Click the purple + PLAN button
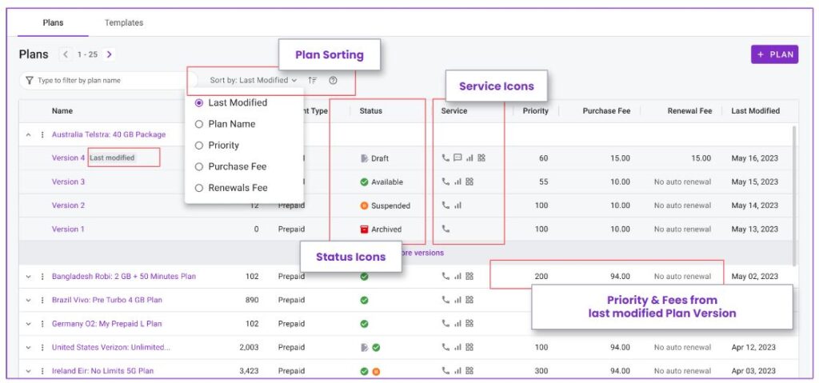tap(774, 54)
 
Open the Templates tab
tap(124, 22)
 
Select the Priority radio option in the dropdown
tap(198, 146)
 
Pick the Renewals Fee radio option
tap(198, 188)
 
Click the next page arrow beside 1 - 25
tap(109, 54)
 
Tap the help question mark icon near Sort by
tap(333, 81)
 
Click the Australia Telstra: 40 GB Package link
tap(109, 134)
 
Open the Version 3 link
tap(69, 182)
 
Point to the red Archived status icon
tap(364, 229)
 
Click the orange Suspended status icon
tap(364, 205)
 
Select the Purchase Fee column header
tap(606, 111)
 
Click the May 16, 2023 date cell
tap(755, 158)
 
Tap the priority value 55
tap(543, 182)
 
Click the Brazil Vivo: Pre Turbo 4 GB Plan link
tap(107, 300)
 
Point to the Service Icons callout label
tap(496, 86)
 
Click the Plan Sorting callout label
tap(329, 54)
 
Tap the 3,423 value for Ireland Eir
tap(250, 371)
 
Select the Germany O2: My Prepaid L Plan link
tap(107, 324)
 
